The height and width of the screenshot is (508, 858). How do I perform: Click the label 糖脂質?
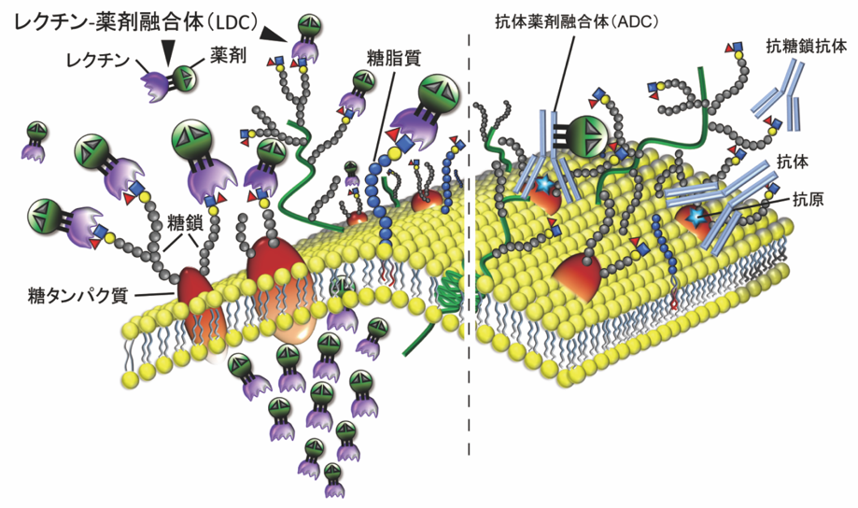pos(394,58)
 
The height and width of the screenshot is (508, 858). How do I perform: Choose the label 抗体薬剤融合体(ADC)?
pos(556,21)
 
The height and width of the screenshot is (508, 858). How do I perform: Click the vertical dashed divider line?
pos(469,280)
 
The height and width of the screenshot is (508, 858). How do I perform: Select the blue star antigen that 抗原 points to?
pos(696,216)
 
